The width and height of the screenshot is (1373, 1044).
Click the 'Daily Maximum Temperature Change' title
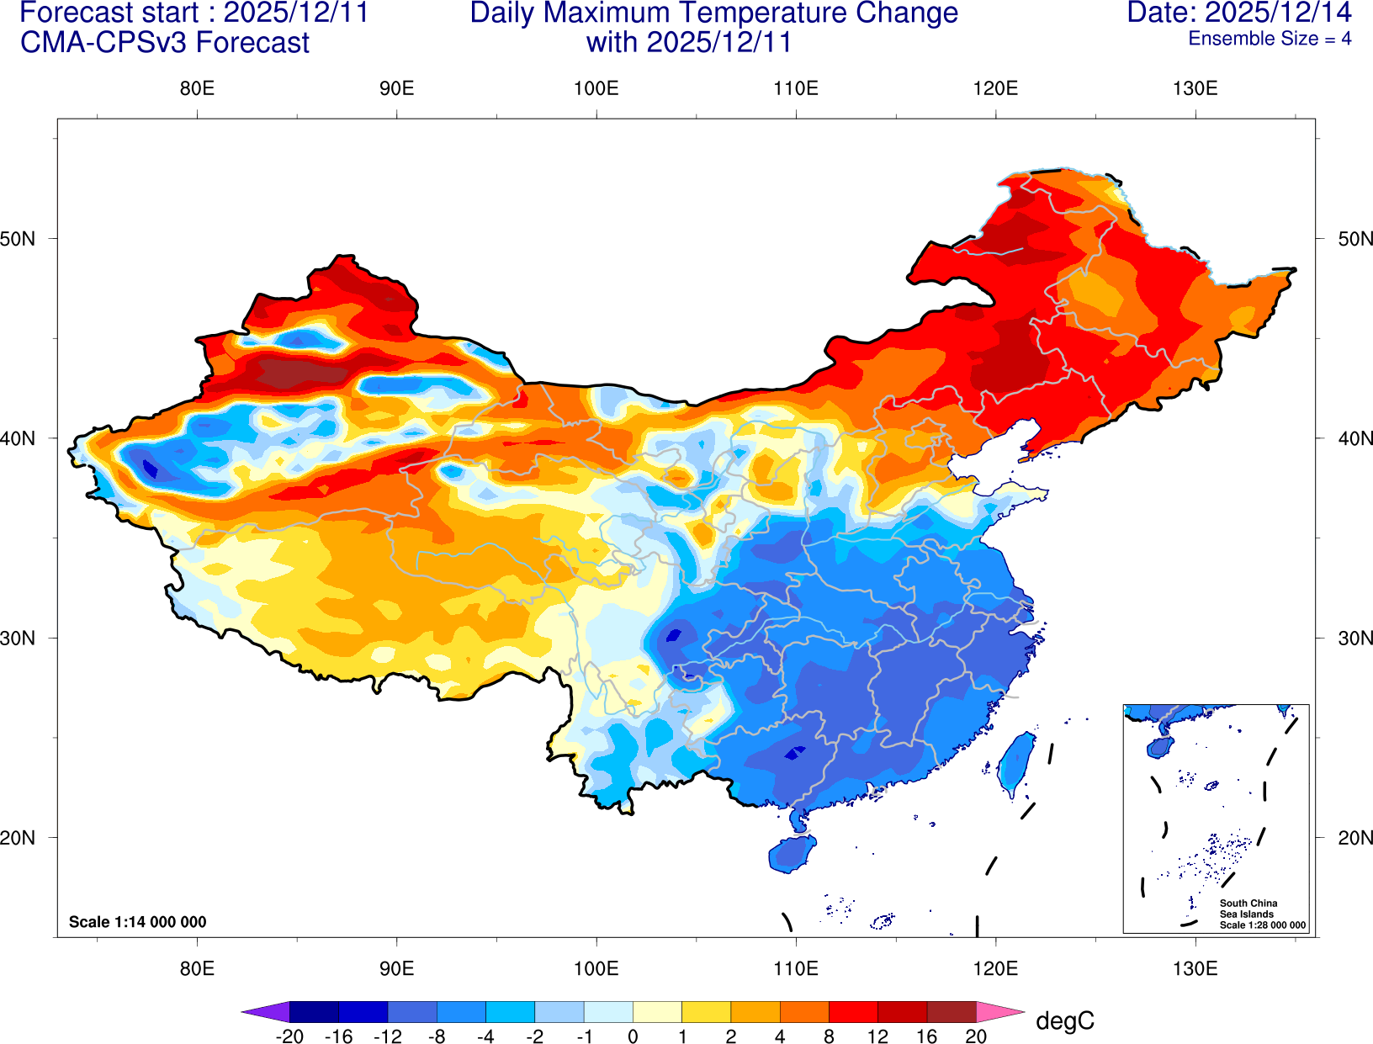(713, 13)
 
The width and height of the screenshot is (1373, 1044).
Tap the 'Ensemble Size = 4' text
(1269, 39)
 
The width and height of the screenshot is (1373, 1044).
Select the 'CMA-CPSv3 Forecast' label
(165, 43)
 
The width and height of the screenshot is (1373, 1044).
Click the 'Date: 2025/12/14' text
(1238, 13)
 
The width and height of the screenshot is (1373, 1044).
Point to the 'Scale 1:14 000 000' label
(137, 922)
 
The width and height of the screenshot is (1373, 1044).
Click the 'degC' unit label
(1064, 1021)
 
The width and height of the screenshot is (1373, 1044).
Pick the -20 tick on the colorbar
(289, 1036)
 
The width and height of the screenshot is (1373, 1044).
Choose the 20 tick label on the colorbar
(976, 1036)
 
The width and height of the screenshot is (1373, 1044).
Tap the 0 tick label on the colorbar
(633, 1036)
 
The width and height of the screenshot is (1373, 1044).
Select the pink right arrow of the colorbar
(1001, 1012)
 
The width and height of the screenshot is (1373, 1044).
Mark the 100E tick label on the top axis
(596, 88)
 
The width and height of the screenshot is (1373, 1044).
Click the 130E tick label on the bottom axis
(1195, 968)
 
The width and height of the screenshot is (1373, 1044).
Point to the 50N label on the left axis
(18, 239)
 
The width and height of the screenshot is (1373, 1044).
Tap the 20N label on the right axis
(1355, 838)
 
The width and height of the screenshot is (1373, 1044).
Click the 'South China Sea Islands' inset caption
(1248, 909)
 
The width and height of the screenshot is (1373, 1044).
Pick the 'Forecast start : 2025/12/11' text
(193, 13)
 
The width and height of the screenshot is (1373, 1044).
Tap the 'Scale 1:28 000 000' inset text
(1263, 925)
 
